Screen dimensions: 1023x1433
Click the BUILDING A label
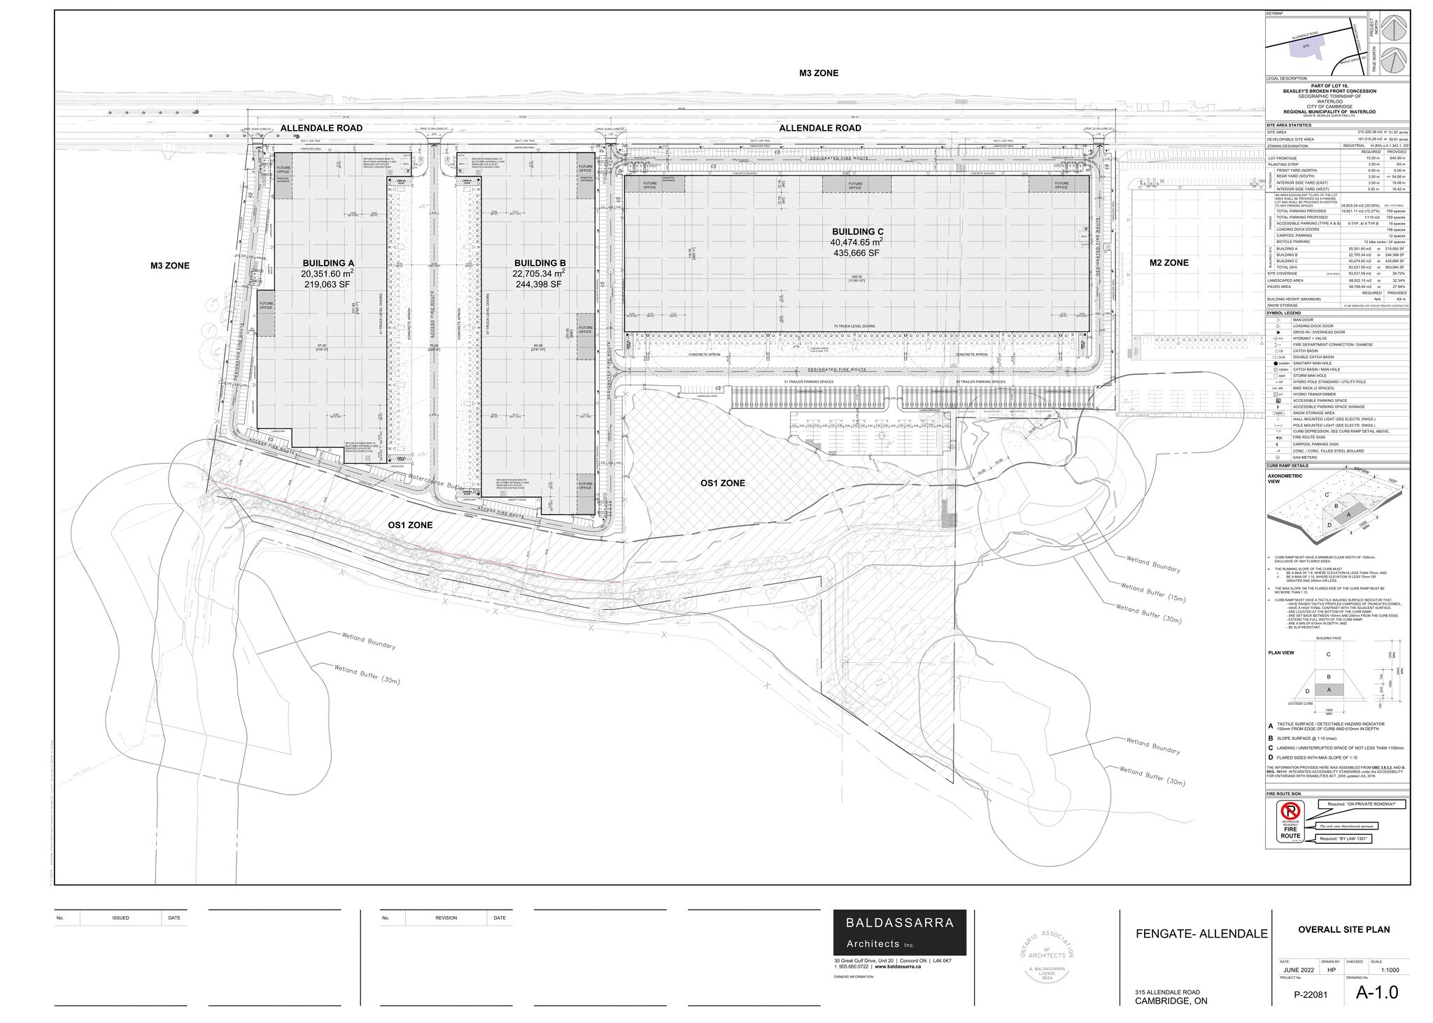click(327, 263)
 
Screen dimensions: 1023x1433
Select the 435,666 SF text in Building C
click(852, 252)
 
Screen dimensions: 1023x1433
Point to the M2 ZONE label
click(1169, 263)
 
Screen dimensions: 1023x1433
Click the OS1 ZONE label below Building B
click(410, 524)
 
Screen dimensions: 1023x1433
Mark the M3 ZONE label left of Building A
click(170, 266)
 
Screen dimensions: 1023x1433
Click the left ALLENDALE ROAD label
click(321, 128)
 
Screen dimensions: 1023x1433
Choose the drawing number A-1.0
click(1376, 992)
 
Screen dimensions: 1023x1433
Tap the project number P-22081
click(1310, 994)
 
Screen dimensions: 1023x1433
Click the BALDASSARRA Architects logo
click(899, 932)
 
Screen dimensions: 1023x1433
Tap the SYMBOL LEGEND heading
click(1285, 313)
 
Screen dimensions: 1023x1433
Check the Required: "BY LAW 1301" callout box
click(1343, 838)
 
